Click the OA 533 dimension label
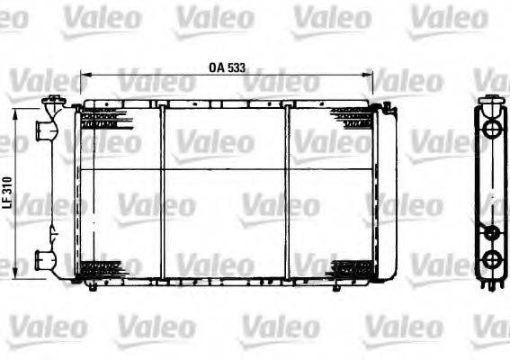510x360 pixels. click(227, 67)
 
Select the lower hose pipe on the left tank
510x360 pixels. click(43, 260)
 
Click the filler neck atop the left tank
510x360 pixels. click(56, 100)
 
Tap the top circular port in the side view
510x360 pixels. click(491, 129)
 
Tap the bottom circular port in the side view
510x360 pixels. click(491, 261)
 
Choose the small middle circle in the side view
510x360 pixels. click(491, 232)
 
